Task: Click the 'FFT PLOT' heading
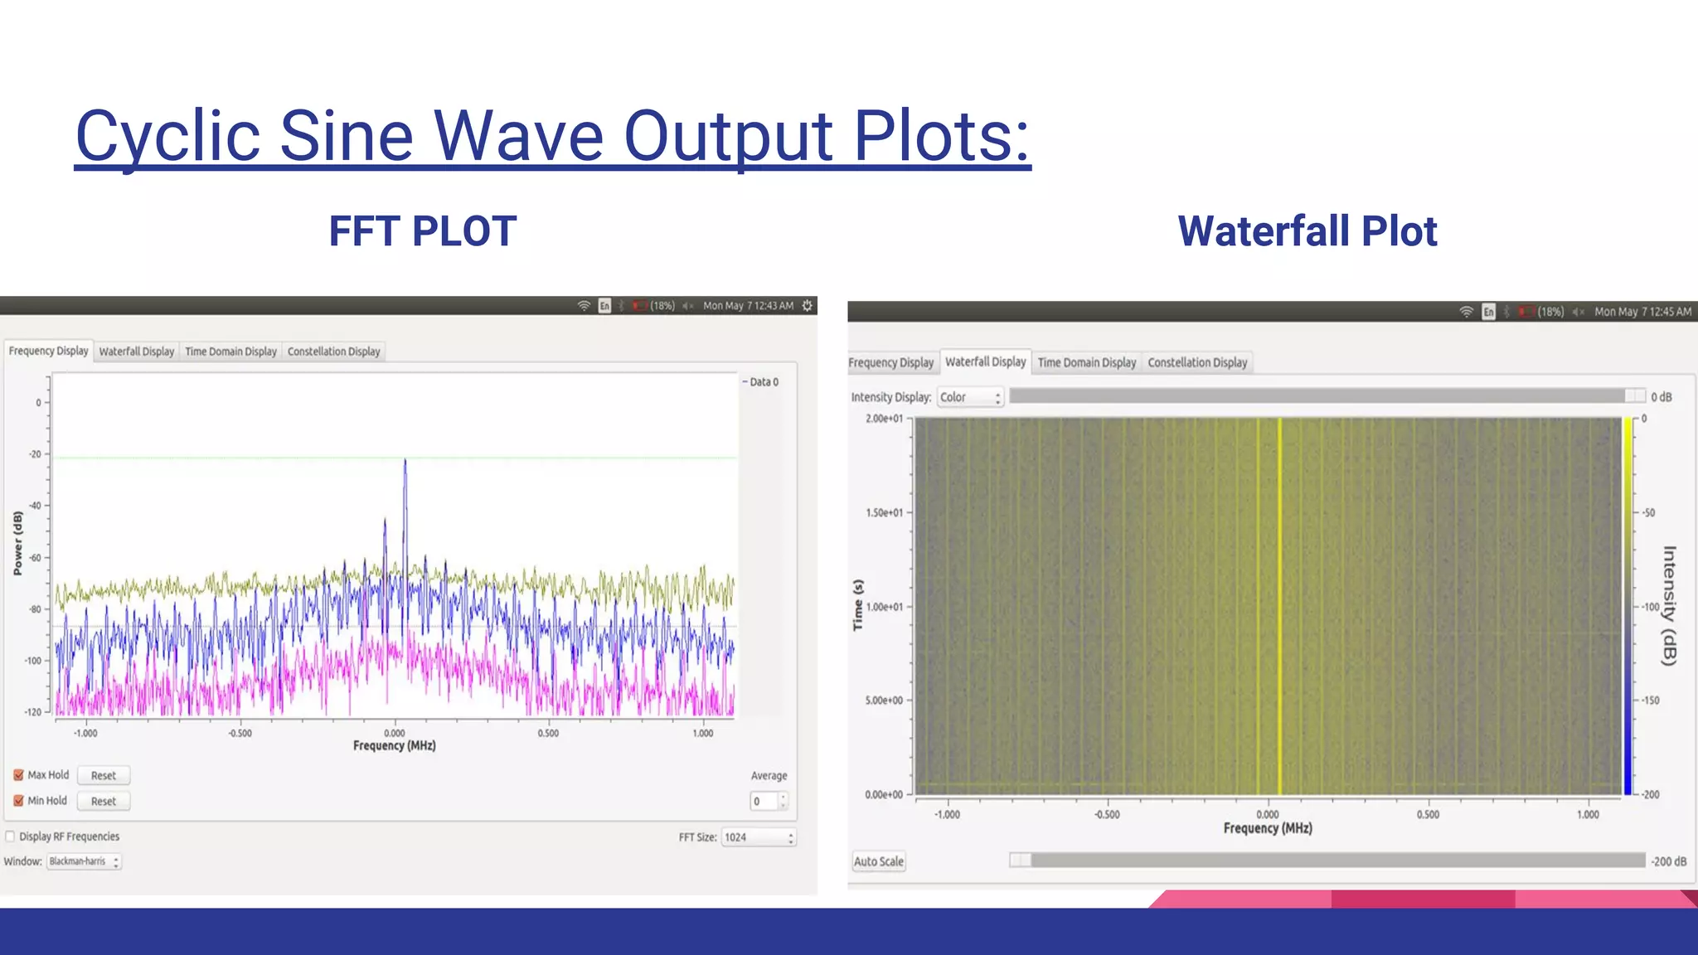point(423,231)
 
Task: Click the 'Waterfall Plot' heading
point(1307,231)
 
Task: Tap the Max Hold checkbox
point(18,775)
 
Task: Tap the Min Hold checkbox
point(18,801)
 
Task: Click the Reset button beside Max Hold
point(104,776)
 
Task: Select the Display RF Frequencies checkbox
point(11,836)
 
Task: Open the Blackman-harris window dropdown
point(83,861)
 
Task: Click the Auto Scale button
point(879,861)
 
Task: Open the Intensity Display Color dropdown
point(970,397)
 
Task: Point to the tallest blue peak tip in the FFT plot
point(405,460)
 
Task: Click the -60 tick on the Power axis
point(35,558)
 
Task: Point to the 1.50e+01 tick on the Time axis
point(885,513)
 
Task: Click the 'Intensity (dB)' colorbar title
point(1669,605)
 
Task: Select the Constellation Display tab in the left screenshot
point(333,351)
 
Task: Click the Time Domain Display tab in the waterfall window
point(1086,362)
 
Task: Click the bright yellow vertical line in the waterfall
point(1279,605)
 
